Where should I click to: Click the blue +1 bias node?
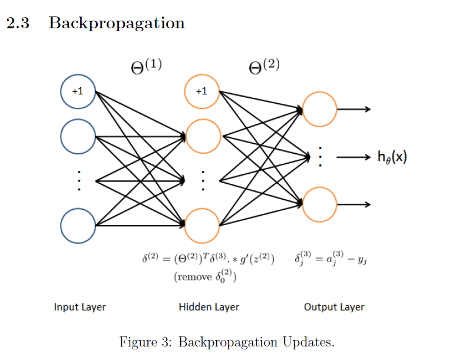(78, 92)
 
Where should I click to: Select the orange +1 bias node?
(202, 91)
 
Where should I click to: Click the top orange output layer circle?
(319, 109)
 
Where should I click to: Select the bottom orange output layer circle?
(319, 204)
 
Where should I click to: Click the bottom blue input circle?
(78, 225)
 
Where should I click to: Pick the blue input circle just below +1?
(78, 137)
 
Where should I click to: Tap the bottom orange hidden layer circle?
(202, 226)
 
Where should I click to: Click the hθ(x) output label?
(392, 157)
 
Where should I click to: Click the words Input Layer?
(80, 307)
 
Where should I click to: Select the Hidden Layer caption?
(209, 307)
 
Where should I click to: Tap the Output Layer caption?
(334, 307)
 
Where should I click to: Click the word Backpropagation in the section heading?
(117, 24)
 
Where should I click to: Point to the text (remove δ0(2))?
(206, 276)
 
